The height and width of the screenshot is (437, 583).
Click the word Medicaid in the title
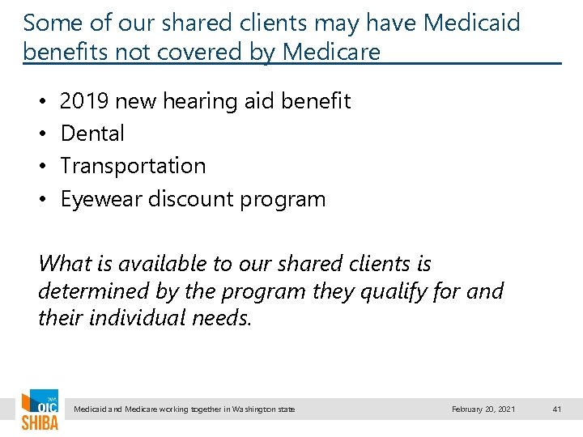click(471, 22)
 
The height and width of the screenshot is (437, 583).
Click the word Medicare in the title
click(331, 53)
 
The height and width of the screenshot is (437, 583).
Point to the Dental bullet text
click(92, 134)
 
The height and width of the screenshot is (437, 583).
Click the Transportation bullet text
click(133, 166)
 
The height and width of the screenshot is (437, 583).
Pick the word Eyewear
click(101, 199)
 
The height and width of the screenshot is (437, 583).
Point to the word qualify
click(397, 290)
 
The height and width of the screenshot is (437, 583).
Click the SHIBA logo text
click(40, 422)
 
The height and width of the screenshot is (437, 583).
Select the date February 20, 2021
click(483, 409)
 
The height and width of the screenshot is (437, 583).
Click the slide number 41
click(557, 409)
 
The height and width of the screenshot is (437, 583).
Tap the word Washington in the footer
click(250, 409)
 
